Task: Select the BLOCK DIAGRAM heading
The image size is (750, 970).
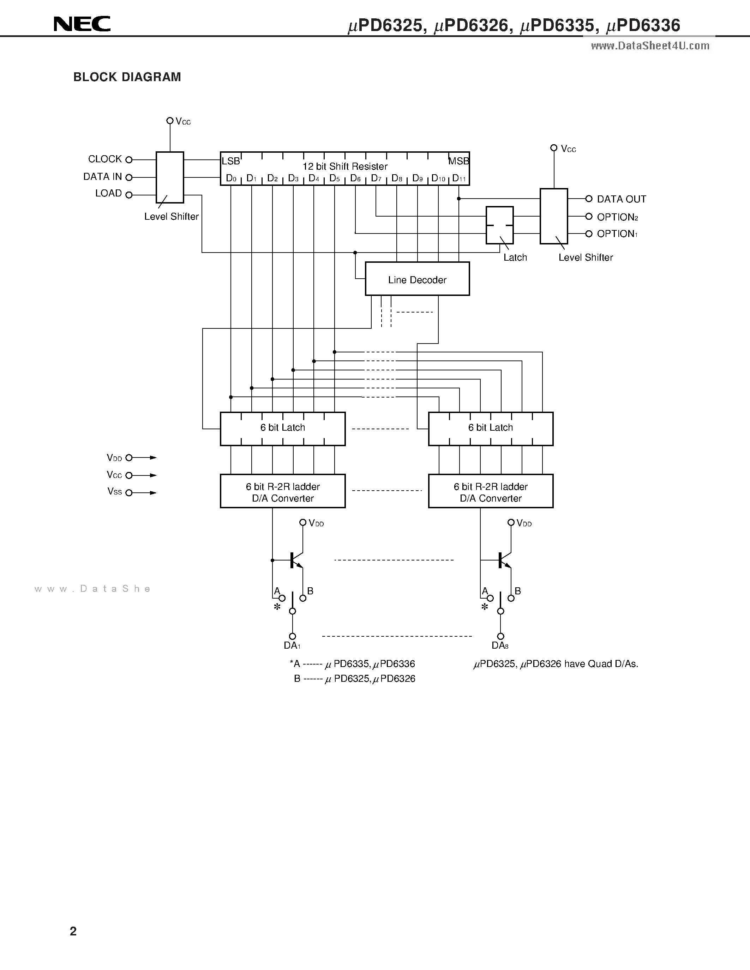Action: (x=127, y=77)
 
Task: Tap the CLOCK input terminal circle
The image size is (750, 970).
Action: (x=129, y=160)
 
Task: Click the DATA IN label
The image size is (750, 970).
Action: (x=102, y=177)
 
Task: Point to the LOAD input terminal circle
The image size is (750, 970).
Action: (x=129, y=195)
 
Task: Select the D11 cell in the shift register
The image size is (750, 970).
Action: (x=459, y=178)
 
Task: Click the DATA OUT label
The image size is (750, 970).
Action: (x=621, y=199)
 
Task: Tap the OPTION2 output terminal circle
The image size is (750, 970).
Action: (x=589, y=216)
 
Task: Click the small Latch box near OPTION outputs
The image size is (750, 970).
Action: (x=499, y=225)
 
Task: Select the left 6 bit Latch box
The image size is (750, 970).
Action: (x=283, y=428)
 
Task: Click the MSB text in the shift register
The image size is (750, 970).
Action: (x=458, y=161)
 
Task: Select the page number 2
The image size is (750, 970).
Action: (x=73, y=931)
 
